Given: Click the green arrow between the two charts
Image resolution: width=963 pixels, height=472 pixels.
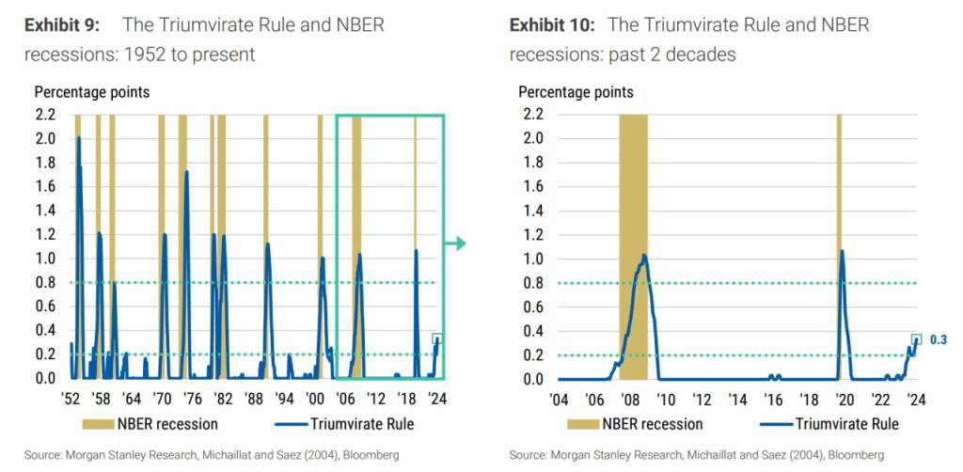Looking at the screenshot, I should pos(456,244).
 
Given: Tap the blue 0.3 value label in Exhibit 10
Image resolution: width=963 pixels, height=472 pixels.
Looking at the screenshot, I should pos(939,339).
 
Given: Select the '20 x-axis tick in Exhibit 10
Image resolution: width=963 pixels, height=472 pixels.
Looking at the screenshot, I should pos(845,397).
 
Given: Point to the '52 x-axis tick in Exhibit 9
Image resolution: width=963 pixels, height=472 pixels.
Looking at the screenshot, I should pos(71,397).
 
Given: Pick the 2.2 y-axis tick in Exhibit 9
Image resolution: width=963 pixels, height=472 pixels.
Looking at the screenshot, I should pos(44,115).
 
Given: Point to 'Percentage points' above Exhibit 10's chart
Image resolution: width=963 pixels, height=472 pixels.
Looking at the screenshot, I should pos(576,92).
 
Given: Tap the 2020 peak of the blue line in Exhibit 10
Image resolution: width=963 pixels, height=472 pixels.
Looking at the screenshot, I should pos(842,250).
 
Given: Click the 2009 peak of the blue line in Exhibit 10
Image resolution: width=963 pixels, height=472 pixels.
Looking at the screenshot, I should pos(644,255).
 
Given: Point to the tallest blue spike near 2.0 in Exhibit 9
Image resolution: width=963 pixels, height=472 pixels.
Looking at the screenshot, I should pos(78,138).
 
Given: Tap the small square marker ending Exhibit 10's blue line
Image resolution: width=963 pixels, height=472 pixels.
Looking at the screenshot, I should pos(916,339).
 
